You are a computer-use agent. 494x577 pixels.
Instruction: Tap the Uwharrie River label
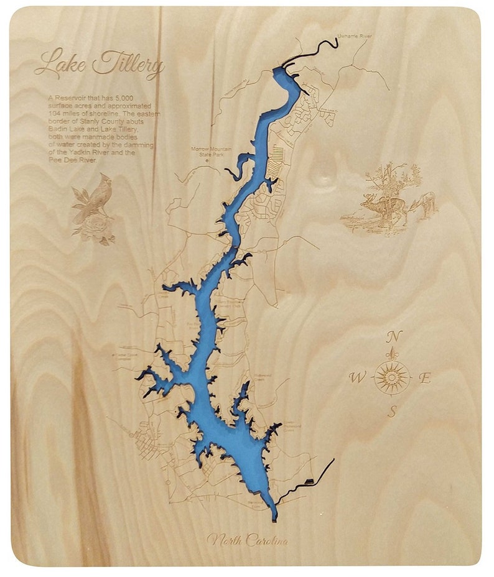355,37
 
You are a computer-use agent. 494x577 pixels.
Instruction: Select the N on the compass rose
392,336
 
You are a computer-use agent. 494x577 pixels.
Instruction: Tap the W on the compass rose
357,377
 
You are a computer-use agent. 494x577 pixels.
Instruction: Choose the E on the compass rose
426,377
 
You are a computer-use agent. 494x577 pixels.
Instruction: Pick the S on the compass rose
393,411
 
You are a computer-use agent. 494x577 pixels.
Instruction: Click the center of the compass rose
392,377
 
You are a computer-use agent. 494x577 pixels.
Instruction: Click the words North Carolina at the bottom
247,540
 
